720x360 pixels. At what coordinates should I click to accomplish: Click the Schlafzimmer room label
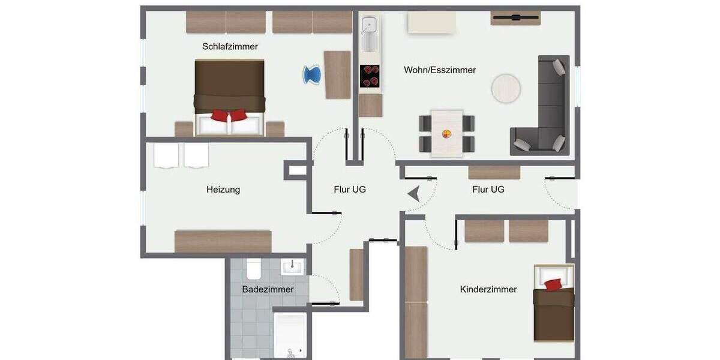pos(230,46)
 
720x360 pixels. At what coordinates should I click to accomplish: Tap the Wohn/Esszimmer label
pos(440,70)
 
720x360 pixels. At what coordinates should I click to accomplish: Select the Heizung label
pos(223,190)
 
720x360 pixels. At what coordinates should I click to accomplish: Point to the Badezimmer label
pos(268,289)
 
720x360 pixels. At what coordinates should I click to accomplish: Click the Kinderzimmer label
pos(488,289)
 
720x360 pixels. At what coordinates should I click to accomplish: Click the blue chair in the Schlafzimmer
pos(311,75)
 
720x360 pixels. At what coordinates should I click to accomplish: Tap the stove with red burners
pos(370,76)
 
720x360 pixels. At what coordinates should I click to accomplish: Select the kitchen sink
pos(369,26)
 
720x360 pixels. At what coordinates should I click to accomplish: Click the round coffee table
pos(506,88)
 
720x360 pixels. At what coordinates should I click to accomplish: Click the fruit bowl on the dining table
pos(447,133)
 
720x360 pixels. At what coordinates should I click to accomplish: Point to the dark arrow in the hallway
pos(414,194)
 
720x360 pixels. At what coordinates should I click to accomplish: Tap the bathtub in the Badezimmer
pos(289,335)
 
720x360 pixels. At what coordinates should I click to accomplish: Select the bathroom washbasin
pos(293,266)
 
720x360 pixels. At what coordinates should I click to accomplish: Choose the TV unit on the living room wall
pos(516,18)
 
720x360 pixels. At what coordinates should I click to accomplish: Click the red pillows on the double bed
pos(229,115)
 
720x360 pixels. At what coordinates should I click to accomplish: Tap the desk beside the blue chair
pos(337,74)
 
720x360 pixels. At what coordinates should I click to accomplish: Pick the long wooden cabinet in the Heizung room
pos(223,241)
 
